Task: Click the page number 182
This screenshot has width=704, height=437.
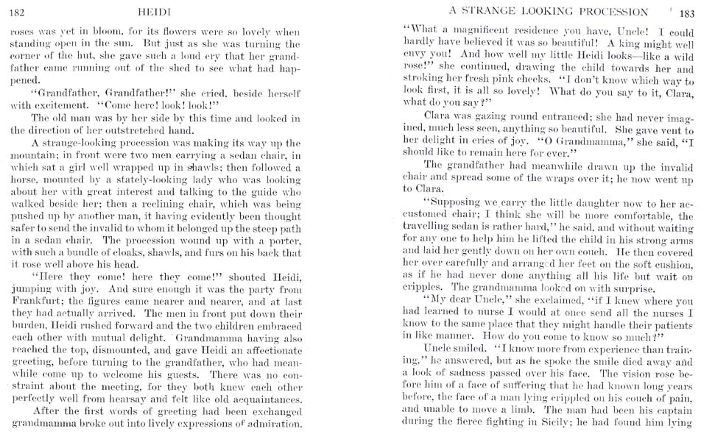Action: tap(15, 13)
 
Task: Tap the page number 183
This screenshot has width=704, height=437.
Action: tap(687, 12)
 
